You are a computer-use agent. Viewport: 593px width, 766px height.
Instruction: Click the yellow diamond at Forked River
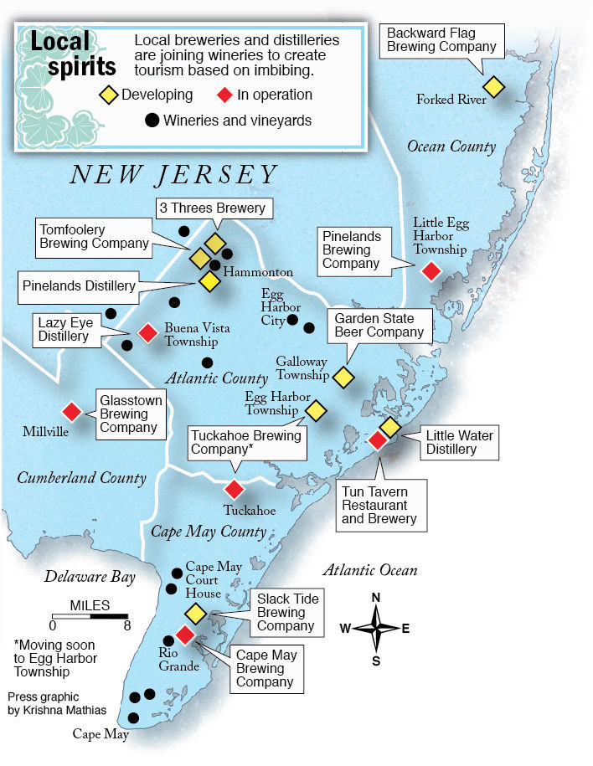click(493, 86)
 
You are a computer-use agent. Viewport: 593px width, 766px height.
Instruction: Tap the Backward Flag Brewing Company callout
click(441, 40)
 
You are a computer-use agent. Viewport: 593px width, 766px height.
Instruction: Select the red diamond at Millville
click(71, 412)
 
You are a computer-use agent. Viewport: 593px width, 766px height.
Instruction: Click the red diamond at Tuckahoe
click(234, 490)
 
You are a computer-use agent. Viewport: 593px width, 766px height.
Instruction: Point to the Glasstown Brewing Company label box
click(128, 414)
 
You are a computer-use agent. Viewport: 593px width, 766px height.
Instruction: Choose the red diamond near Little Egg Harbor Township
click(431, 270)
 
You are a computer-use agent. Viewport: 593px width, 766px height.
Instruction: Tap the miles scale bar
click(90, 617)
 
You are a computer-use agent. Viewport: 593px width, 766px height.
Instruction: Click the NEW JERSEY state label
click(173, 174)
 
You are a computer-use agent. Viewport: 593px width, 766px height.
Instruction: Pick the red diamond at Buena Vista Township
click(147, 333)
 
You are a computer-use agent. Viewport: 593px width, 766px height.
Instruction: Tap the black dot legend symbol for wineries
click(152, 121)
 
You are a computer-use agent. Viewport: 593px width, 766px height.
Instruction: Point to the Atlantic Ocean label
click(369, 570)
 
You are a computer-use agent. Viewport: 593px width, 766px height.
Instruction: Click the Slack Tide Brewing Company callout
click(286, 613)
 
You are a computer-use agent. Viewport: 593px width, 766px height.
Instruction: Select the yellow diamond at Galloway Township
click(343, 378)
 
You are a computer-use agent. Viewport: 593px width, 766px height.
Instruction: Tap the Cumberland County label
click(81, 478)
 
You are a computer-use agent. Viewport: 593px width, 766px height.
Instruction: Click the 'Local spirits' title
click(71, 52)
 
